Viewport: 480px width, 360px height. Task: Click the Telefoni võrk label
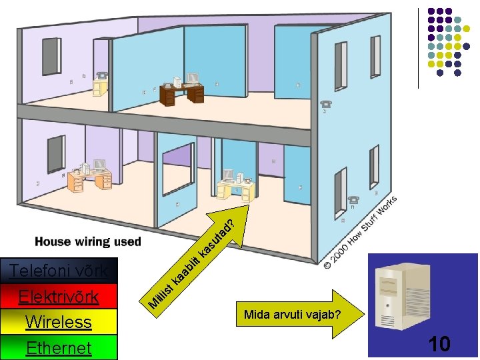click(x=59, y=271)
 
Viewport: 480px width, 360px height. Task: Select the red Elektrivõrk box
click(x=59, y=297)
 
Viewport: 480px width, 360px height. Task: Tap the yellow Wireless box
click(x=59, y=322)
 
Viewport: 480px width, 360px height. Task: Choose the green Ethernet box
click(x=59, y=347)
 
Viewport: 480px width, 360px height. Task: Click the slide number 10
click(x=439, y=344)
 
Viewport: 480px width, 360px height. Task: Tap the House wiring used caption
click(x=88, y=241)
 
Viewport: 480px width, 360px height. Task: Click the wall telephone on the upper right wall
click(x=326, y=105)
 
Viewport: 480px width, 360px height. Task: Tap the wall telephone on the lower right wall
click(x=353, y=199)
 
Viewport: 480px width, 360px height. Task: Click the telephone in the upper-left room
click(x=102, y=75)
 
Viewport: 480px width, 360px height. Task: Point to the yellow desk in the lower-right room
click(x=237, y=191)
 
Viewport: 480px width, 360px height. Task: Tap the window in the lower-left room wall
click(x=54, y=155)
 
